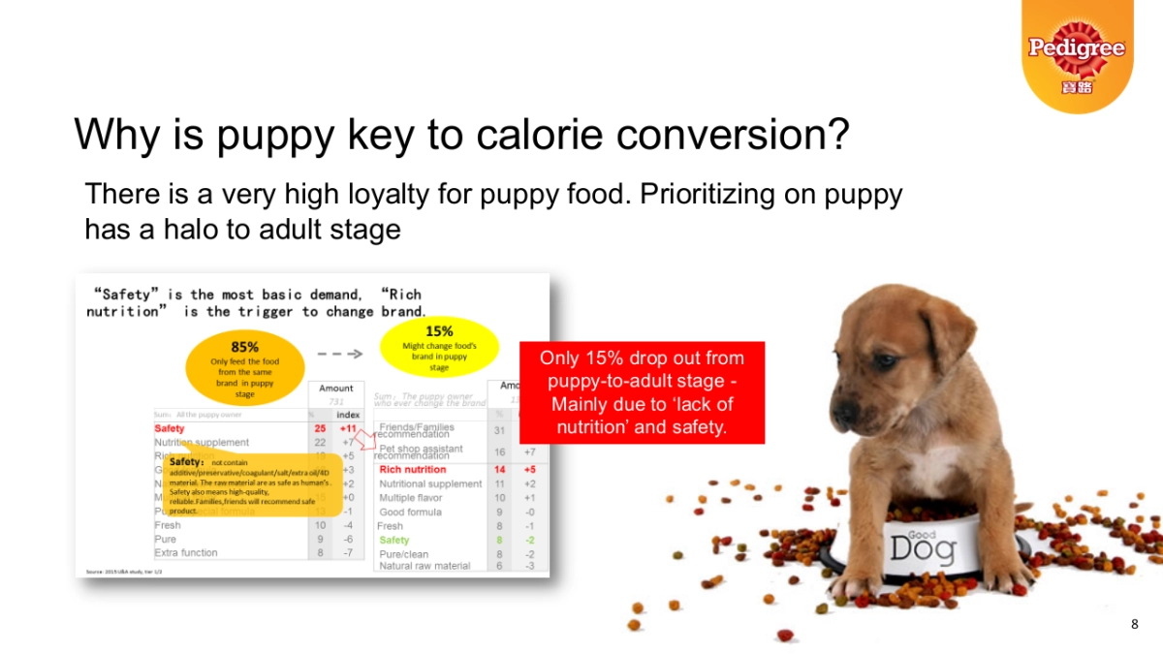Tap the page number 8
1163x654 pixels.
(1135, 624)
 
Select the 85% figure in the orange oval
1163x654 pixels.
(244, 346)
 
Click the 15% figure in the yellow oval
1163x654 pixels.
(439, 331)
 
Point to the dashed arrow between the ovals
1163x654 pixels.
(340, 354)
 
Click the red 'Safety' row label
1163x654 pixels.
(169, 428)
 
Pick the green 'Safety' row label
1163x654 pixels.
(393, 540)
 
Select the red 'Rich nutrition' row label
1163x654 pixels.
(412, 470)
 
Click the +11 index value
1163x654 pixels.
(348, 428)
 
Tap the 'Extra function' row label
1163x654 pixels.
(186, 552)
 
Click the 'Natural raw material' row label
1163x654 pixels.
(424, 566)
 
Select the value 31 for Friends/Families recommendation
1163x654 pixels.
(500, 430)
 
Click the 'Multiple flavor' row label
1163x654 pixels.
(411, 498)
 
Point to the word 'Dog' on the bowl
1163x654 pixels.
(922, 549)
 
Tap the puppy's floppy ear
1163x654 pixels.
(945, 334)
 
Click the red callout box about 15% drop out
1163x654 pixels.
(642, 392)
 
